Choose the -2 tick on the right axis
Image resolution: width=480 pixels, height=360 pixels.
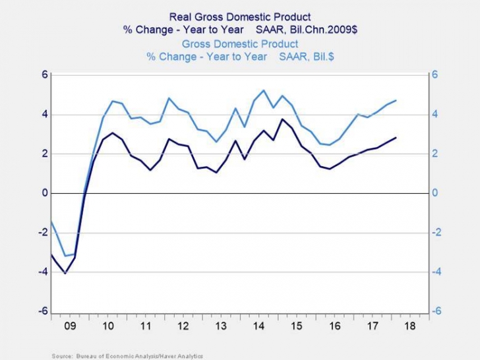[x=437, y=233]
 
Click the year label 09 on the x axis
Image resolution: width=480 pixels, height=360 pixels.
[x=69, y=326]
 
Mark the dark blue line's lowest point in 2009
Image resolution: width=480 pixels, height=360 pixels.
[x=65, y=273]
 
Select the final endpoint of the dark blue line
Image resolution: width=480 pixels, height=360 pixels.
[x=396, y=138]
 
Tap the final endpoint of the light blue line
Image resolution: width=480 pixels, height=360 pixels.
[x=396, y=100]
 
